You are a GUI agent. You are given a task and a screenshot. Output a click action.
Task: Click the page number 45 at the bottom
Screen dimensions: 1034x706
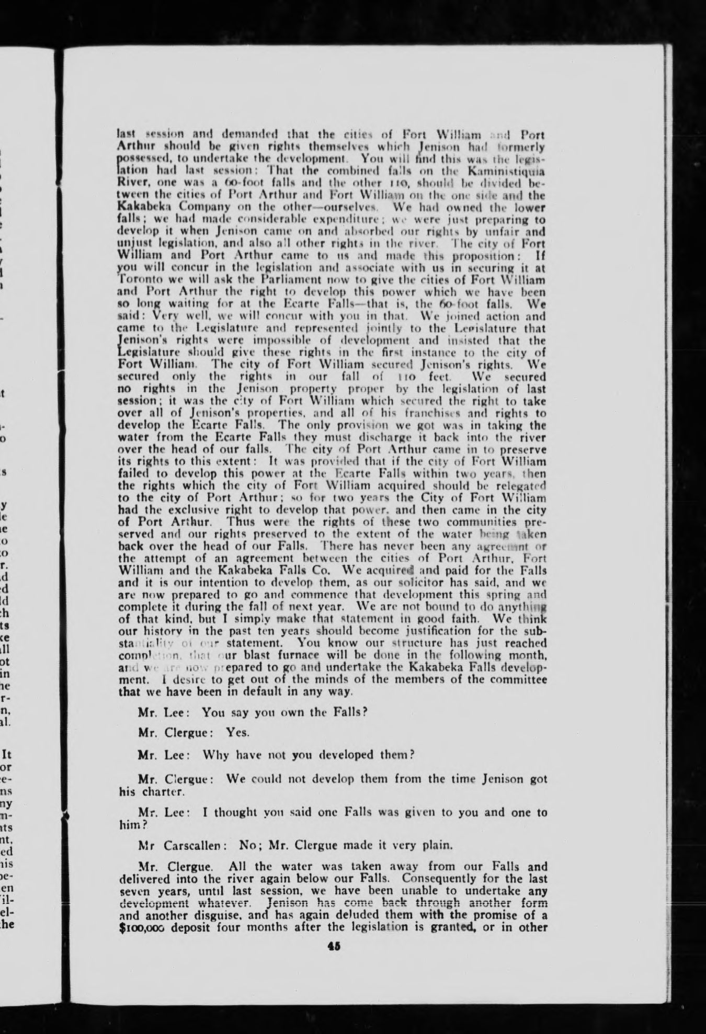tap(334, 946)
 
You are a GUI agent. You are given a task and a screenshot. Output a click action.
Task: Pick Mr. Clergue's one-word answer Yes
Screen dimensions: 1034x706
tap(237, 732)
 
